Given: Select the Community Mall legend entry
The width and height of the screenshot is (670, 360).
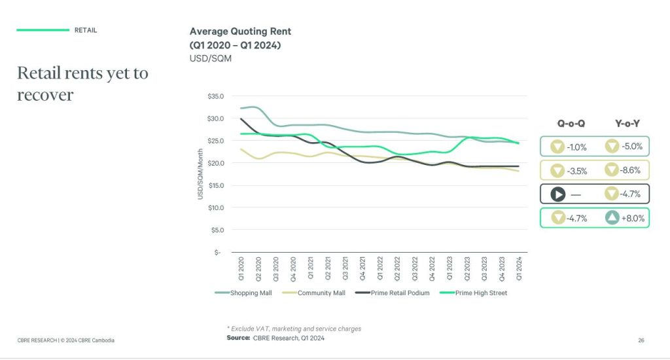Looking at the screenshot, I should pyautogui.click(x=321, y=293).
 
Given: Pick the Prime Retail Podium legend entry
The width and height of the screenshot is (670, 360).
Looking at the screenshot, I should pyautogui.click(x=400, y=293).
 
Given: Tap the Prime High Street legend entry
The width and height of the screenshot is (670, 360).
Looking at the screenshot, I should pyautogui.click(x=480, y=293).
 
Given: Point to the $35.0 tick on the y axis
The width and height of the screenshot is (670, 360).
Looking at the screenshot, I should pyautogui.click(x=215, y=96).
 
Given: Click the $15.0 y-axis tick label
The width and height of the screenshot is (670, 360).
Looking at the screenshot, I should pyautogui.click(x=215, y=185).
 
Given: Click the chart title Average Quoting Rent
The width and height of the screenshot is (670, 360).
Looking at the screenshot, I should pyautogui.click(x=240, y=31).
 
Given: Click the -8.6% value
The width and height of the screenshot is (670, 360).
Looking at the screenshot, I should pyautogui.click(x=631, y=170).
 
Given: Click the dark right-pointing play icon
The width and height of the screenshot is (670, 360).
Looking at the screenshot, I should pyautogui.click(x=557, y=194).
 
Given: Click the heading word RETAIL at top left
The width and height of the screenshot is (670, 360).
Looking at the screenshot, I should pyautogui.click(x=86, y=30).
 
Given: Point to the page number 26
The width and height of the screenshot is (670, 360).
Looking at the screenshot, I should pyautogui.click(x=641, y=340).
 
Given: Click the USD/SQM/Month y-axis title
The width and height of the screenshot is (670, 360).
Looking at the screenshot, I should pyautogui.click(x=201, y=173).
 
